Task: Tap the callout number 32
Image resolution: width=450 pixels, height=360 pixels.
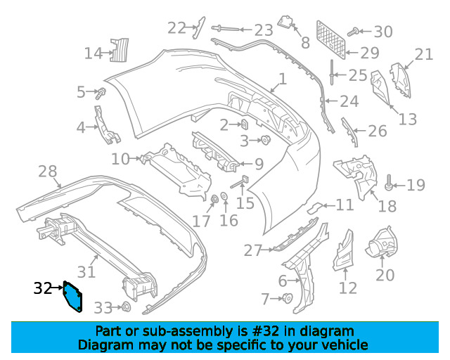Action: tap(42, 288)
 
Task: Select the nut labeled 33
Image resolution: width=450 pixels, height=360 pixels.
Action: tap(126, 307)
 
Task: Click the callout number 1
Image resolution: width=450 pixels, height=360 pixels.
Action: tap(283, 80)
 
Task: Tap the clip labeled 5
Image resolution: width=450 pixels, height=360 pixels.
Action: tap(101, 92)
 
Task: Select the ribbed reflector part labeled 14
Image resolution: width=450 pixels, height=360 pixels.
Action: tap(120, 50)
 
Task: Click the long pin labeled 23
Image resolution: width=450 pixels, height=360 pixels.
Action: tap(220, 29)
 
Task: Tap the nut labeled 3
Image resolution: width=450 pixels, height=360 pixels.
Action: tap(266, 141)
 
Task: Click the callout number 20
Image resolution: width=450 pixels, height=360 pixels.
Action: tap(385, 274)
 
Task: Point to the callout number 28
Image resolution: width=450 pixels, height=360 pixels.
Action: tap(47, 171)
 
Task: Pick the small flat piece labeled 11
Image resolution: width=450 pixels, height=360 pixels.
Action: tap(318, 207)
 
